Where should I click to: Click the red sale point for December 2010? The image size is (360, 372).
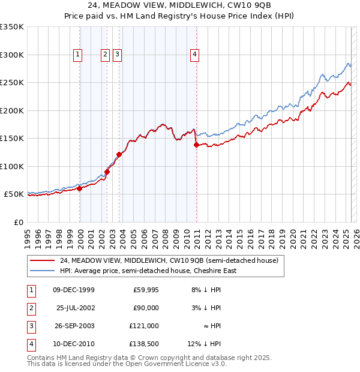click(196, 145)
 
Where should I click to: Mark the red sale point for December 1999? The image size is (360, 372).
click(80, 188)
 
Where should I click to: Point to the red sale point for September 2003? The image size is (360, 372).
click(119, 154)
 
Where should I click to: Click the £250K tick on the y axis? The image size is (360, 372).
click(12, 83)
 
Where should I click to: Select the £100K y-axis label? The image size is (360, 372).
click(12, 166)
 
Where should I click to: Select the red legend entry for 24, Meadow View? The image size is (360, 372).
click(169, 261)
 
